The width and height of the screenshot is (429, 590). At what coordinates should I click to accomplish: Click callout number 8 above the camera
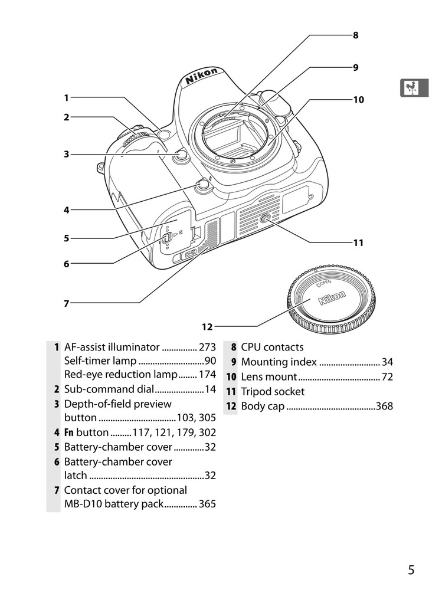pos(355,35)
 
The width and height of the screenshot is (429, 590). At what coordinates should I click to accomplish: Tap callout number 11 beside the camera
pos(358,242)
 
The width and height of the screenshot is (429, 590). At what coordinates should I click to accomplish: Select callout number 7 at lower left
pos(66,303)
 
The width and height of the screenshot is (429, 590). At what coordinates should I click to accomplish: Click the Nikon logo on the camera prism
pos(201,76)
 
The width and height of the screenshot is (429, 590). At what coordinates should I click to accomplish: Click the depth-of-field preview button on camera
pos(181,155)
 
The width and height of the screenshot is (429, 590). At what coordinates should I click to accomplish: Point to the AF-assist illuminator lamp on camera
pos(164,135)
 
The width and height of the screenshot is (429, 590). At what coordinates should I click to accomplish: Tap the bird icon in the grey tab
pos(411,88)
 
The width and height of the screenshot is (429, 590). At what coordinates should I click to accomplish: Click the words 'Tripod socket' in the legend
pos(273,392)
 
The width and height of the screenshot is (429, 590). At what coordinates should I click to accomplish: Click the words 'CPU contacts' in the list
pos(272,347)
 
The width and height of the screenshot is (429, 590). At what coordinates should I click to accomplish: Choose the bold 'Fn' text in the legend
pos(69,432)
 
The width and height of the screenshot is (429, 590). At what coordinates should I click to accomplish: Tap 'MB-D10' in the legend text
pos(82,504)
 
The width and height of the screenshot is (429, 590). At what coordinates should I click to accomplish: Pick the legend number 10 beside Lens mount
pos(231,377)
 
